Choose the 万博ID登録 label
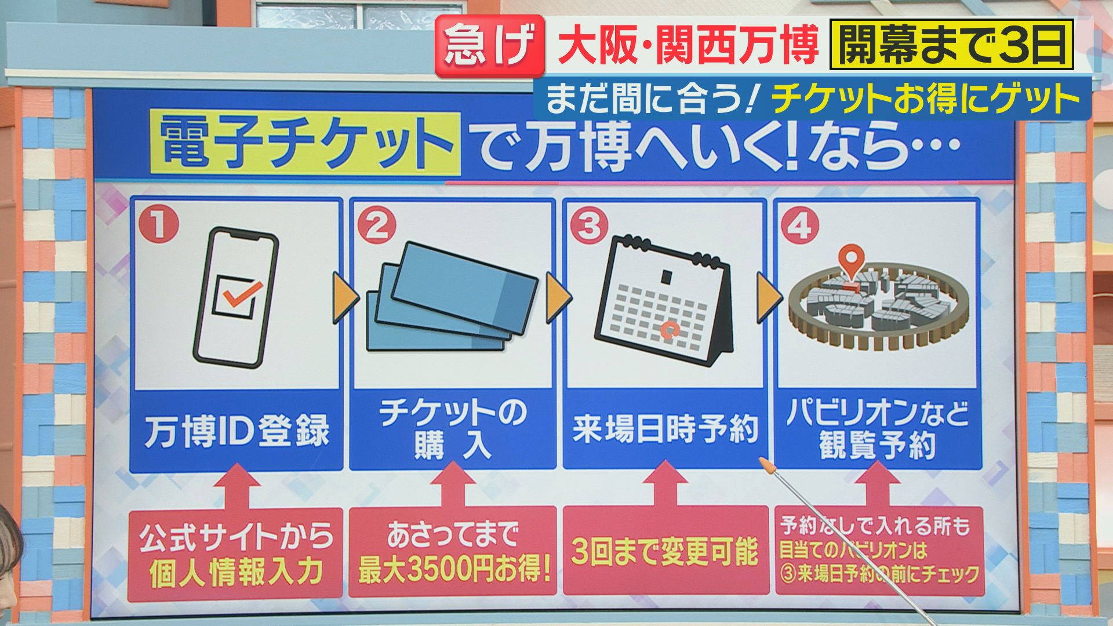point(237,430)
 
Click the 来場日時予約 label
point(665,430)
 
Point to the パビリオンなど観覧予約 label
point(878,430)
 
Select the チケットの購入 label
point(453,430)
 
